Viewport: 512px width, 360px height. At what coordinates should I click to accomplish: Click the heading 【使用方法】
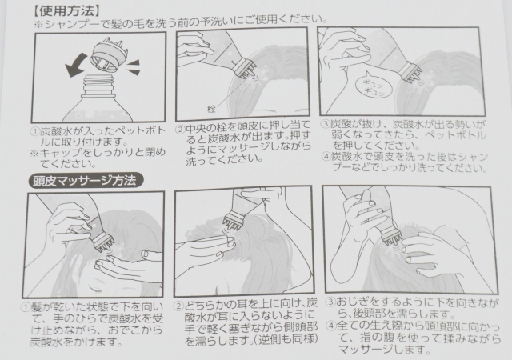65,10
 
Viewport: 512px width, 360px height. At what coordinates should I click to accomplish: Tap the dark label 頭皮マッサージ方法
86,180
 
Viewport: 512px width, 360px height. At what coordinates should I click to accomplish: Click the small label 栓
211,109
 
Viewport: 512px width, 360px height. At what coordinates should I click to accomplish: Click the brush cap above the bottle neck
108,54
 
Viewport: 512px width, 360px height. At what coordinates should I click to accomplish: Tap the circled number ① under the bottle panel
35,132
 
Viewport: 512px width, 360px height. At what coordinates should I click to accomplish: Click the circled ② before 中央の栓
179,130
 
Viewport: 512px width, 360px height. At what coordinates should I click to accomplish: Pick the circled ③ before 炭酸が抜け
325,124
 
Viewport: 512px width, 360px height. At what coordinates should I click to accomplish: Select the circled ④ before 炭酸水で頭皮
326,156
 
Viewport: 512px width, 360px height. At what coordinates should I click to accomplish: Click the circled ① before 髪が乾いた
26,307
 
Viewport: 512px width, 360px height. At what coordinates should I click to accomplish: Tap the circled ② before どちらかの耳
178,306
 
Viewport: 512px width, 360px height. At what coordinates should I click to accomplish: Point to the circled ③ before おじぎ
331,302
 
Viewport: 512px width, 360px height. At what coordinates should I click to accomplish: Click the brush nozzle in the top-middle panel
246,68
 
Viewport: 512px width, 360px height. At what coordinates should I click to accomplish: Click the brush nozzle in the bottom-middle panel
235,222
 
